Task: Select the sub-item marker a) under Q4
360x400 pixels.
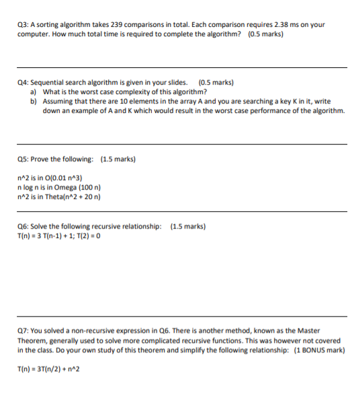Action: click(34, 91)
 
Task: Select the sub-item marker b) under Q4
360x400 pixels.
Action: click(34, 101)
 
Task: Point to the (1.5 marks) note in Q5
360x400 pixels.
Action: click(118, 159)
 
